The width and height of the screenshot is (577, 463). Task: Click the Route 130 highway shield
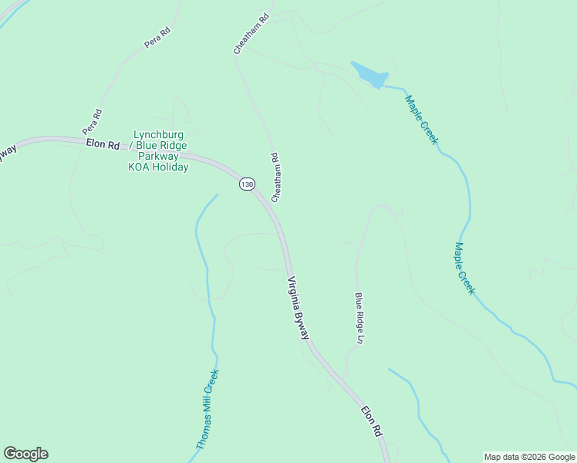[x=246, y=184]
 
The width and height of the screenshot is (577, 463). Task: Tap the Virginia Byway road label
[x=299, y=308]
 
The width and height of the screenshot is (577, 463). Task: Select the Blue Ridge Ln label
[x=359, y=317]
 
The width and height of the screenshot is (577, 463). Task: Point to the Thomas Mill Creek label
[x=207, y=410]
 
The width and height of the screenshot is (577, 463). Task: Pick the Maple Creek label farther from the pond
[x=464, y=269]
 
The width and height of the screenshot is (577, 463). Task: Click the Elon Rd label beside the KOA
[x=103, y=144]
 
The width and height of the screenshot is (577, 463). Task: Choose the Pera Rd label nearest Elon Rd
[x=93, y=122]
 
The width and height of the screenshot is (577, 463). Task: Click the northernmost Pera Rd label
[x=157, y=36]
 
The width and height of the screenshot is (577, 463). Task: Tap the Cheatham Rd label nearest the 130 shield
[x=274, y=177]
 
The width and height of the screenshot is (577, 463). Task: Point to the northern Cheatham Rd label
[x=251, y=32]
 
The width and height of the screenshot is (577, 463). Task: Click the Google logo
[x=25, y=454]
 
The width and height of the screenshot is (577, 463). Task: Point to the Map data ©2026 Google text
[x=529, y=457]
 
